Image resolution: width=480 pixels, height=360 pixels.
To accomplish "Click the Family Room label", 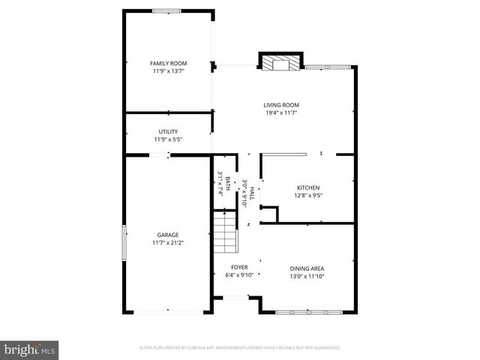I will tap(168, 63).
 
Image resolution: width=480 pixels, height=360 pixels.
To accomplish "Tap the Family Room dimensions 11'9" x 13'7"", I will tap(168, 71).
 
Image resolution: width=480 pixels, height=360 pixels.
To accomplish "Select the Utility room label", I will tap(168, 131).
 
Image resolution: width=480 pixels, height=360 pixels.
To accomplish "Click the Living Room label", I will tap(281, 105).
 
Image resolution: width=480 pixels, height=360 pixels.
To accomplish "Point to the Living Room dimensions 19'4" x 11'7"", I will tap(281, 113).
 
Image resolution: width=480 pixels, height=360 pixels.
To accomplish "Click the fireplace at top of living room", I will tap(281, 62).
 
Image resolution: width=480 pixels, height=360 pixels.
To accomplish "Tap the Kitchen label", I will tap(308, 187).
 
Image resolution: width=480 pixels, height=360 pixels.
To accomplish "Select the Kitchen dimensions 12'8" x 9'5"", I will tap(308, 196).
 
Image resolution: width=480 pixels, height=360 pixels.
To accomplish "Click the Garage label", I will tap(167, 235).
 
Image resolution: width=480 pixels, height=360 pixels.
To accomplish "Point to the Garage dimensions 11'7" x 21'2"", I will tap(167, 243).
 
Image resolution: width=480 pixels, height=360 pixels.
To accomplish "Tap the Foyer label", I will tap(239, 267).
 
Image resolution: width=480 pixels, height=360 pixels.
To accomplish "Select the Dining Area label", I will tap(307, 268).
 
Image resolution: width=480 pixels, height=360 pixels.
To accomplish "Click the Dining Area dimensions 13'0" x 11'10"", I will tap(307, 275).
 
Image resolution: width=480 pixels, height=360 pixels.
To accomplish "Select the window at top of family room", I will tap(166, 10).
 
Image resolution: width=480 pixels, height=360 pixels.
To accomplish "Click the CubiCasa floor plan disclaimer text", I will tap(240, 348).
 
